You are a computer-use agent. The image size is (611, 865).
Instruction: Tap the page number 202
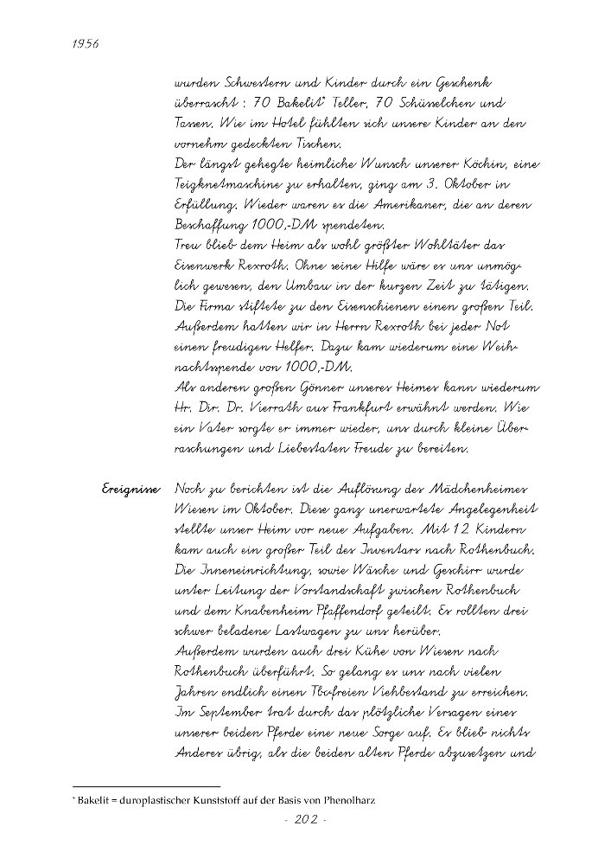[x=305, y=819]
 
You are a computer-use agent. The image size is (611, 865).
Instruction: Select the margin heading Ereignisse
[x=130, y=490]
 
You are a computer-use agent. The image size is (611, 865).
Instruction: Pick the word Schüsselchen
[x=430, y=104]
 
